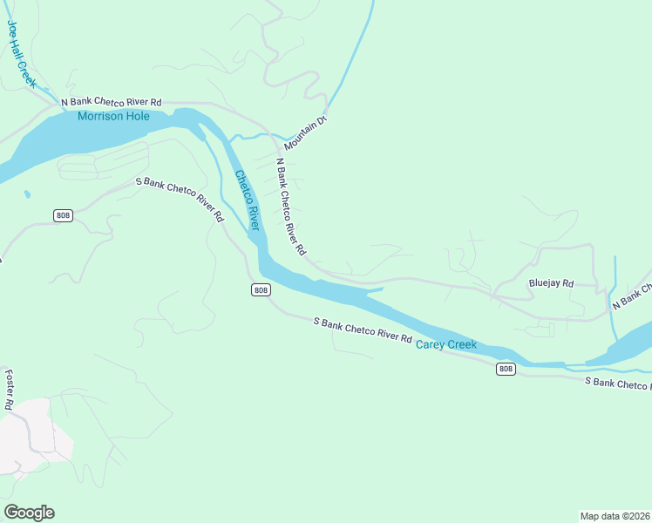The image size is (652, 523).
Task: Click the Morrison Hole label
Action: point(113,116)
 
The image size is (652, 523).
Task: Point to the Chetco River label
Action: point(247,200)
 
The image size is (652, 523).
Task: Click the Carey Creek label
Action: point(446,344)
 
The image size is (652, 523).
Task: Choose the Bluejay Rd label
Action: point(551,283)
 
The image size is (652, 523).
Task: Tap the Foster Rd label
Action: point(9,390)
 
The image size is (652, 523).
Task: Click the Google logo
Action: point(29,513)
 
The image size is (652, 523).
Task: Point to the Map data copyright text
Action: point(615,516)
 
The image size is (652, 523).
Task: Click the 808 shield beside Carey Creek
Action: point(506,369)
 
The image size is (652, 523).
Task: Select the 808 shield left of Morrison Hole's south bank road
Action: point(62,216)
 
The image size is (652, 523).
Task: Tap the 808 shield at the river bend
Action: point(260,289)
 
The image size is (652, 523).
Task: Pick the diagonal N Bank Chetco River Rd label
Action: point(290,206)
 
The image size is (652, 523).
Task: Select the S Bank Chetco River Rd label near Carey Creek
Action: point(362,329)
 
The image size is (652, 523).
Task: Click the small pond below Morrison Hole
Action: point(27,194)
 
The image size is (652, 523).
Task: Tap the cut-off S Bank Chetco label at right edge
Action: point(617,383)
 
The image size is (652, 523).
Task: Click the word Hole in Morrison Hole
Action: point(137,116)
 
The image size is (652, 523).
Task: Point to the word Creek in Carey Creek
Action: point(462,344)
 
